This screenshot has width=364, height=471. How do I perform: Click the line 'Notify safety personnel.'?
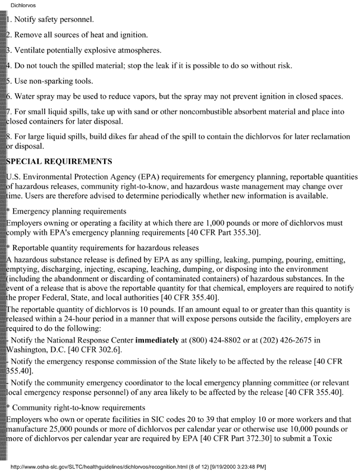57,19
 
